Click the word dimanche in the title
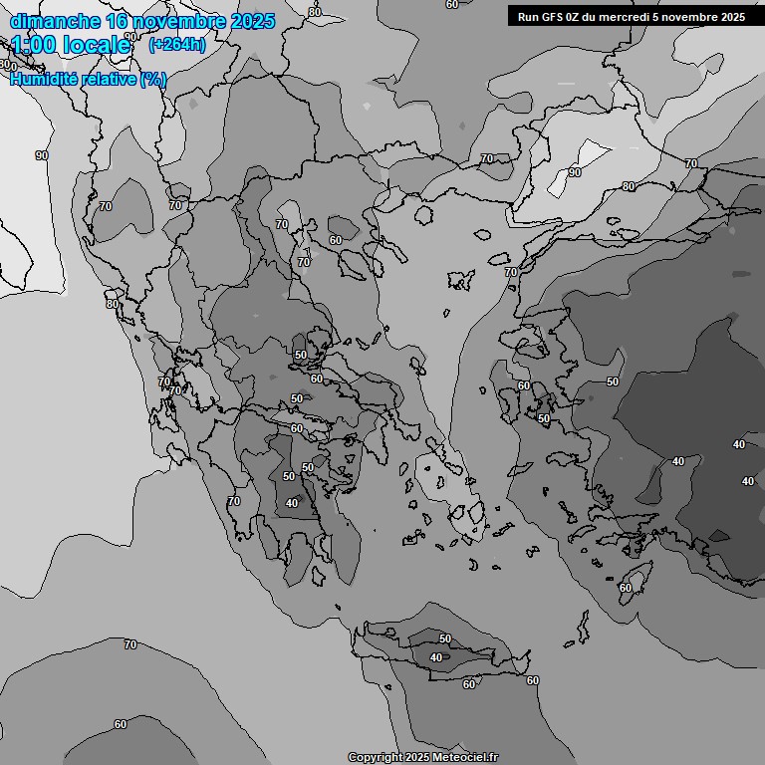click(55, 22)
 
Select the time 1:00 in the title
click(33, 45)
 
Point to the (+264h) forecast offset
click(177, 44)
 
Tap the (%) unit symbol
click(153, 79)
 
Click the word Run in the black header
click(528, 17)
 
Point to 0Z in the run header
click(577, 17)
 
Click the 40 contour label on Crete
click(436, 657)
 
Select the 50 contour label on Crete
click(445, 638)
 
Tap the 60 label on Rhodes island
click(625, 588)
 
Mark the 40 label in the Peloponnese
click(292, 503)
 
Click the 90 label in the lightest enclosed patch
click(575, 172)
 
